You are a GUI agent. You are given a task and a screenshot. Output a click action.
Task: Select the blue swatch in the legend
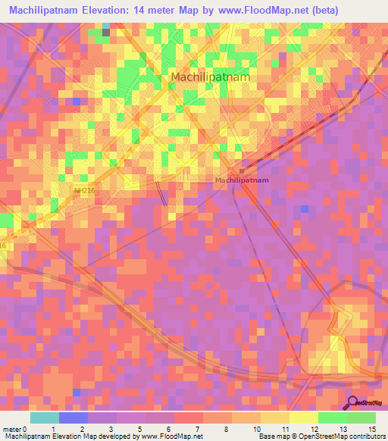73,418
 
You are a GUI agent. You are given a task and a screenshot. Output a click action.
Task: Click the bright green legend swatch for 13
333,418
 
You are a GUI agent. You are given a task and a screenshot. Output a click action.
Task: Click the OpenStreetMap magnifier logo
353,403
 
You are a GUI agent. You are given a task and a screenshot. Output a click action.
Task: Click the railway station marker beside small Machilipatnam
241,170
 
